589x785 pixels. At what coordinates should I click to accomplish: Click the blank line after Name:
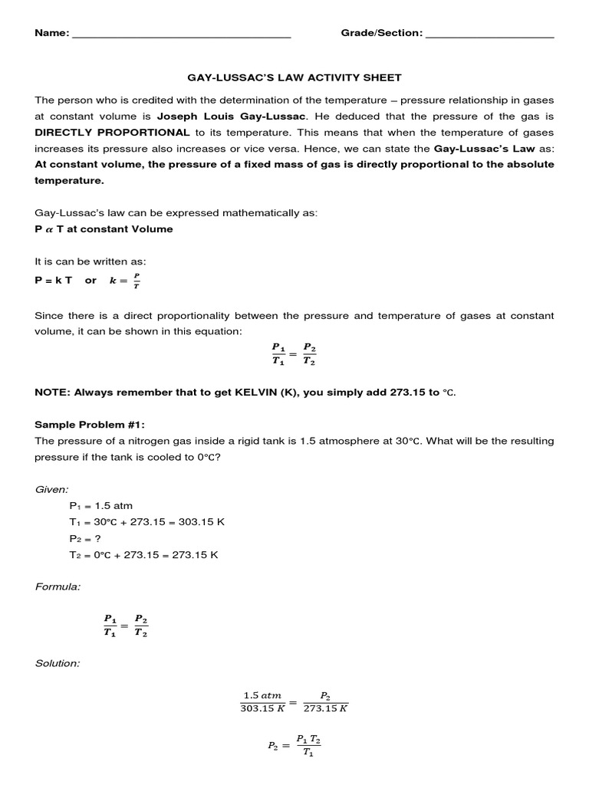click(181, 34)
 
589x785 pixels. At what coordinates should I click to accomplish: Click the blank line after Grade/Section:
click(489, 34)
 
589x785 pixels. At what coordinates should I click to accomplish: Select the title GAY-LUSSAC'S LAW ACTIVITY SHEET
click(294, 77)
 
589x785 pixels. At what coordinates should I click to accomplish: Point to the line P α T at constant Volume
click(104, 228)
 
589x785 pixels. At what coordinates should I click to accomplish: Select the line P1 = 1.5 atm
click(97, 506)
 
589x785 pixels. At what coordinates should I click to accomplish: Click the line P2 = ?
click(87, 539)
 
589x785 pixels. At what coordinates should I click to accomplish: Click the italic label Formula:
click(58, 586)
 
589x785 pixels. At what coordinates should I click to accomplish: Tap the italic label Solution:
click(58, 663)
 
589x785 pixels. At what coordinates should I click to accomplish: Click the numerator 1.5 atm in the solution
click(262, 695)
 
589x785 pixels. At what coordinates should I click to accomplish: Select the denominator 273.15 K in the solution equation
click(326, 709)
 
